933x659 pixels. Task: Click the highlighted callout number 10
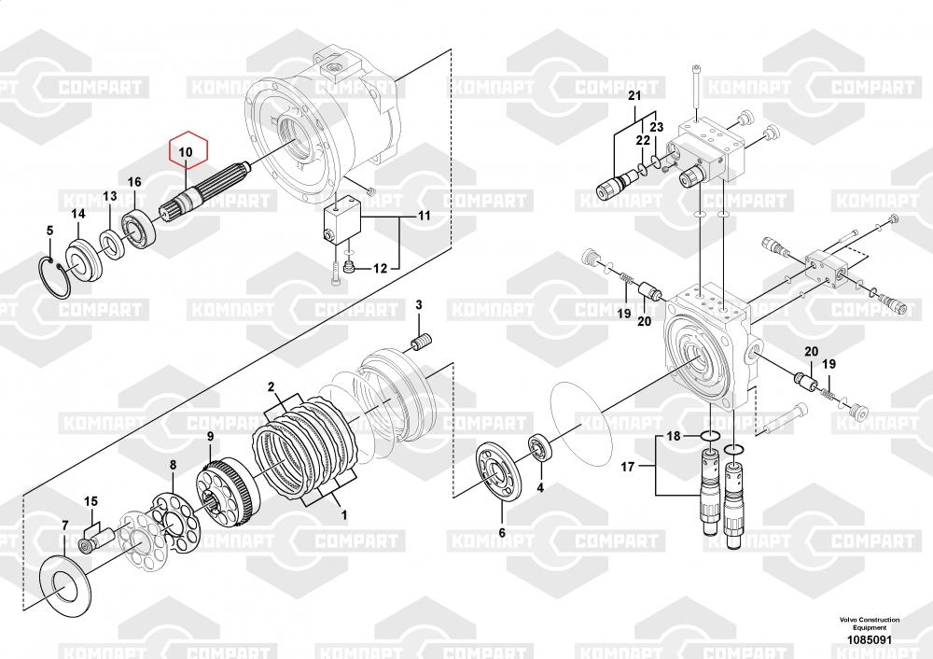186,150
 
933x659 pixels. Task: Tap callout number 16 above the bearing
133,181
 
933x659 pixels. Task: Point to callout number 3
418,305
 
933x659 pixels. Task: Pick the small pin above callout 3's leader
423,342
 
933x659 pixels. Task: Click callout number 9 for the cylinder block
210,436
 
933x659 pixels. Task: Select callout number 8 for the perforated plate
172,464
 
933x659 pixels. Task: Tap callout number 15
91,502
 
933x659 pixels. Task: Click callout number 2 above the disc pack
271,386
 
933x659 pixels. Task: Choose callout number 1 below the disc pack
342,513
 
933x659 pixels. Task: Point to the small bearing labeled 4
540,445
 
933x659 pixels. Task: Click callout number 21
634,96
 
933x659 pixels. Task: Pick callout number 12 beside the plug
380,269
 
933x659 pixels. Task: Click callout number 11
424,217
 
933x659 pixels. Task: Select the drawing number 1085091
869,640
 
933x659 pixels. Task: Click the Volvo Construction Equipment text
869,624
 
